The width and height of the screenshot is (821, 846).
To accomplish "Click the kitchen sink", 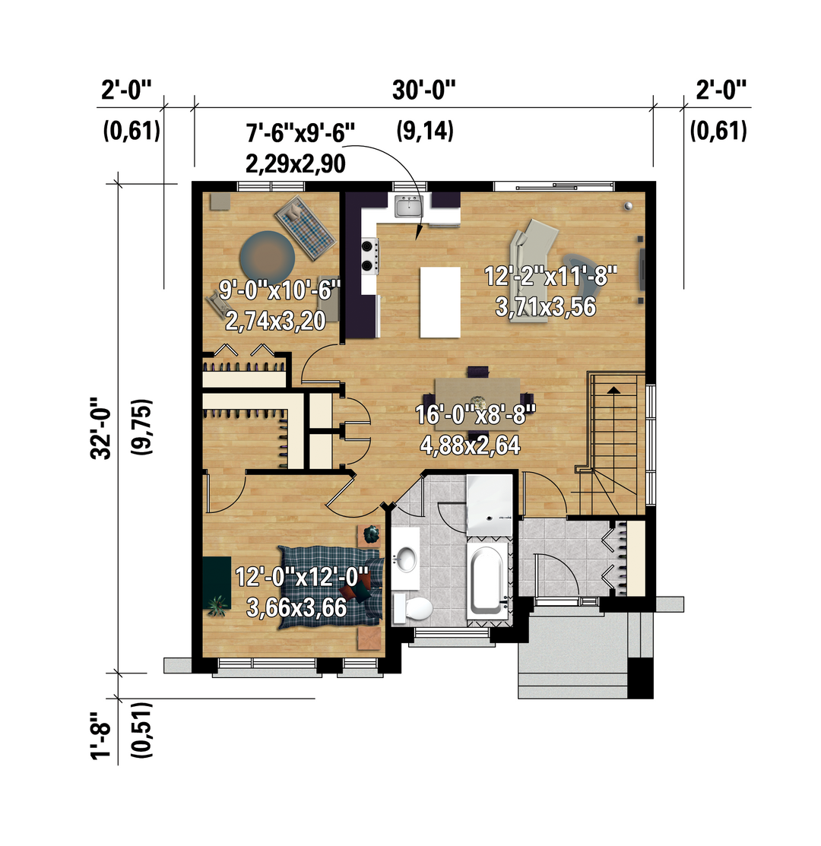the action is (x=408, y=206).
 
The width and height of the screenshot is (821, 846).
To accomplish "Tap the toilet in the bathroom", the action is (x=413, y=609).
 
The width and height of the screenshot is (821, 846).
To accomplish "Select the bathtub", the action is (x=486, y=581).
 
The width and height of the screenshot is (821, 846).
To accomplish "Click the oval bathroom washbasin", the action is (x=406, y=559).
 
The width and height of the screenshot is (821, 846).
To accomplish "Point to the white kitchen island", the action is (x=440, y=303).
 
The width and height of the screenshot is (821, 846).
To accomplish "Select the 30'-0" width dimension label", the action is (x=424, y=90).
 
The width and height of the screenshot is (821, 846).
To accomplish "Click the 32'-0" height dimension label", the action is (x=101, y=429).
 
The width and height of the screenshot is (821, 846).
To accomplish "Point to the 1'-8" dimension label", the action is (x=101, y=736).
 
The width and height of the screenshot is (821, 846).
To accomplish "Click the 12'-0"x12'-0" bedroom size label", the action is (x=302, y=578).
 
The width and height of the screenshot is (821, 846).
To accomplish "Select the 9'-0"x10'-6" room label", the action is (x=280, y=290).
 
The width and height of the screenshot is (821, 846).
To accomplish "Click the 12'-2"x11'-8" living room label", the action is (x=550, y=277).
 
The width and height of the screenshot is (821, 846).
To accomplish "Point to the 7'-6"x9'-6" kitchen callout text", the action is (x=300, y=133).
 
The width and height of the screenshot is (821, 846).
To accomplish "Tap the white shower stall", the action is (x=490, y=505).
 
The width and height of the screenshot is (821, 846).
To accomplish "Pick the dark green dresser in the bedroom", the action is (x=217, y=583).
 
